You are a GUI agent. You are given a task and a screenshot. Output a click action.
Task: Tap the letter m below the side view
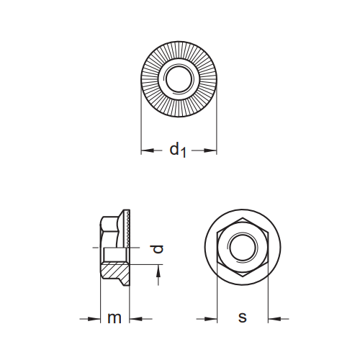pyautogui.click(x=114, y=318)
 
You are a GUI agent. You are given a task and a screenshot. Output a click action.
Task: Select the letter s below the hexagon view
pyautogui.click(x=242, y=318)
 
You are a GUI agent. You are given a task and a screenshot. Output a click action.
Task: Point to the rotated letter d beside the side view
pyautogui.click(x=158, y=249)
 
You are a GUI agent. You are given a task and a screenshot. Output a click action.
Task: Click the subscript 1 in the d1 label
pyautogui.click(x=184, y=153)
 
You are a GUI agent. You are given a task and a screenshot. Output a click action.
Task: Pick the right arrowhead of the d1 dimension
pyautogui.click(x=211, y=150)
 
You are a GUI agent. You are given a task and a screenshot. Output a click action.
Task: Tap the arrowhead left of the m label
pyautogui.click(x=94, y=318)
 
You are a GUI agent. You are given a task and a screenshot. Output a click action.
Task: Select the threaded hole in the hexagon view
pyautogui.click(x=242, y=248)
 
